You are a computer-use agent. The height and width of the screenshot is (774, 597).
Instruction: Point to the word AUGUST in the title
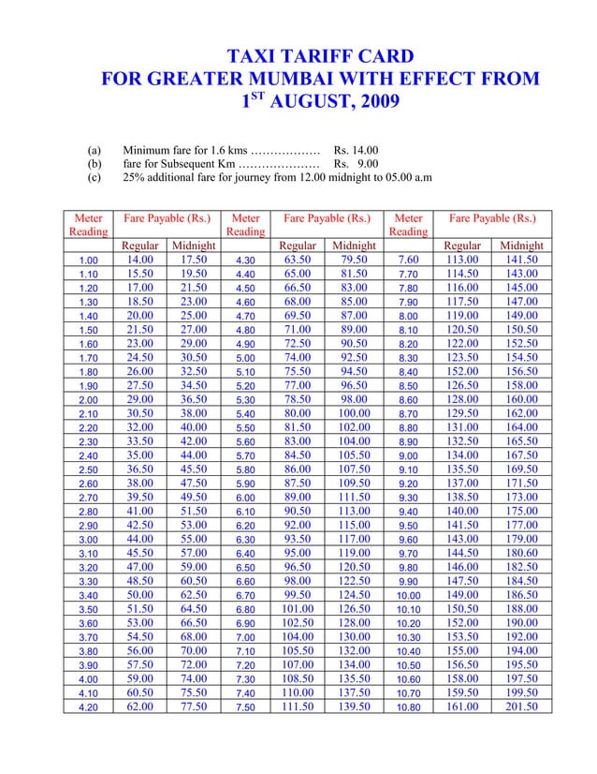tap(307, 102)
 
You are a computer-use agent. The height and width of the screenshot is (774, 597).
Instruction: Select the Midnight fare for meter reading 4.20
tap(194, 707)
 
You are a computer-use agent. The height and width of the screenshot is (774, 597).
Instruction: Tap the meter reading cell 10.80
tap(408, 707)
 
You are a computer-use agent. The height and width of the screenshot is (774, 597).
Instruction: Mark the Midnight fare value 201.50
tap(521, 707)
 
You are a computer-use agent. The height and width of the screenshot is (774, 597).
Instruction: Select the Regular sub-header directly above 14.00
tap(139, 246)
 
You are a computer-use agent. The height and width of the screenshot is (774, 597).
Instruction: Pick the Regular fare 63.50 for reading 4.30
tap(298, 260)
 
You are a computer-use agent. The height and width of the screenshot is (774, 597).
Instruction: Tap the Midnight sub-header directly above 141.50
tap(521, 246)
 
